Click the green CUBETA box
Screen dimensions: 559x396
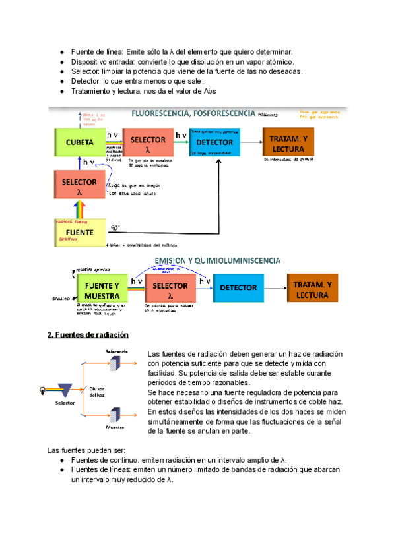pos(79,142)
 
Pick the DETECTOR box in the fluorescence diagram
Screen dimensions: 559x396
pos(214,142)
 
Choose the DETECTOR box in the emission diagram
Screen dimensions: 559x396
pos(238,288)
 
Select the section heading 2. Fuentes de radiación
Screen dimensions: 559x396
pos(83,335)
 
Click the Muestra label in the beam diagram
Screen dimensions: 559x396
pos(115,427)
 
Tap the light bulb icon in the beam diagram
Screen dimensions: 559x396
pos(44,388)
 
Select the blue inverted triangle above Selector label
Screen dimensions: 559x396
pos(65,389)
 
